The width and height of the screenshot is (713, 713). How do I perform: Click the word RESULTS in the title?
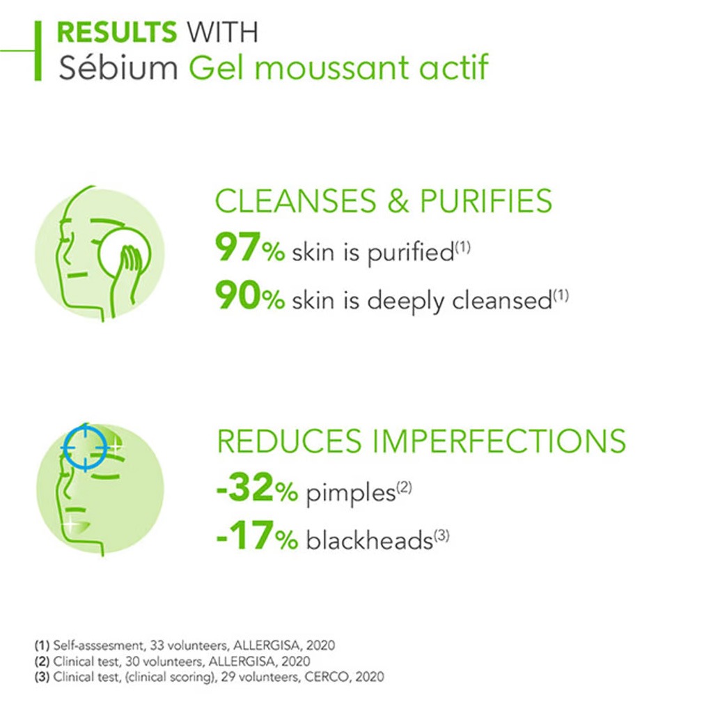click(116, 32)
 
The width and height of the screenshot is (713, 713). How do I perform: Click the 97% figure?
click(250, 247)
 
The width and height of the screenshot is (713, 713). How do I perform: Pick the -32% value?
click(257, 487)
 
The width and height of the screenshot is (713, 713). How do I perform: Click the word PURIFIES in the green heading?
click(485, 201)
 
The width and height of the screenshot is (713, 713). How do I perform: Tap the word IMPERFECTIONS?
click(499, 441)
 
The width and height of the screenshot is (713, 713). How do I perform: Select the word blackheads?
click(369, 540)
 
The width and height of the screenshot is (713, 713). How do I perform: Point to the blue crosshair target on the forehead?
click(85, 448)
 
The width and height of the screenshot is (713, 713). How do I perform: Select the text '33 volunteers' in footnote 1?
click(189, 645)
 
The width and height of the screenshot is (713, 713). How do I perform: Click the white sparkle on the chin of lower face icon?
click(71, 525)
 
